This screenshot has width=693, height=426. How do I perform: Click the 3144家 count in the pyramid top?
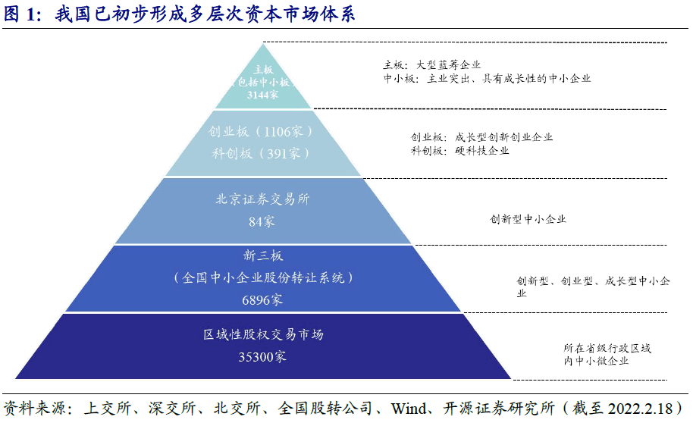click(262, 95)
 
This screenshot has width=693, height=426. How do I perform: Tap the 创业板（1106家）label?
click(261, 131)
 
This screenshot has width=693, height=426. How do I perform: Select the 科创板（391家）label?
click(261, 153)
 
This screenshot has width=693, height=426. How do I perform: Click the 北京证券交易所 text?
click(262, 199)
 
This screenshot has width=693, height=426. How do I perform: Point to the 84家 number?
click(262, 221)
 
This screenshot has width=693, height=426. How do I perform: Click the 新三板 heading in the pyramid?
click(262, 255)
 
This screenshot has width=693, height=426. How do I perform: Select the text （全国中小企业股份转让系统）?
click(263, 277)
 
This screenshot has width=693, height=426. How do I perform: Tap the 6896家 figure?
click(262, 300)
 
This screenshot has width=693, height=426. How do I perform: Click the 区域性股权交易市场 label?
click(263, 334)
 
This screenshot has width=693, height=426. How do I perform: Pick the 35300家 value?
click(262, 356)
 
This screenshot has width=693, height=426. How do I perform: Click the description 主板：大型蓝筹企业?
click(432, 65)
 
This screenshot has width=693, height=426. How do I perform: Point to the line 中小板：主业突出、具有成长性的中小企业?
click(487, 79)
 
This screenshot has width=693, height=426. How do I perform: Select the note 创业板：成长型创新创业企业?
click(481, 137)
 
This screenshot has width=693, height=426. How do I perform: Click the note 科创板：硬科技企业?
click(460, 151)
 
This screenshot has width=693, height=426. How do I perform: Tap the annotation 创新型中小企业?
click(528, 219)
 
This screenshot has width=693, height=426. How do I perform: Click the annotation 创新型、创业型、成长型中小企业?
click(593, 287)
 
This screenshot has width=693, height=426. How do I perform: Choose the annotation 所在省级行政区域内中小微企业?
click(607, 355)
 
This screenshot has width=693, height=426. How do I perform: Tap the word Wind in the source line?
click(409, 409)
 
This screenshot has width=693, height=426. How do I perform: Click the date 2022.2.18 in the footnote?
click(641, 409)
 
